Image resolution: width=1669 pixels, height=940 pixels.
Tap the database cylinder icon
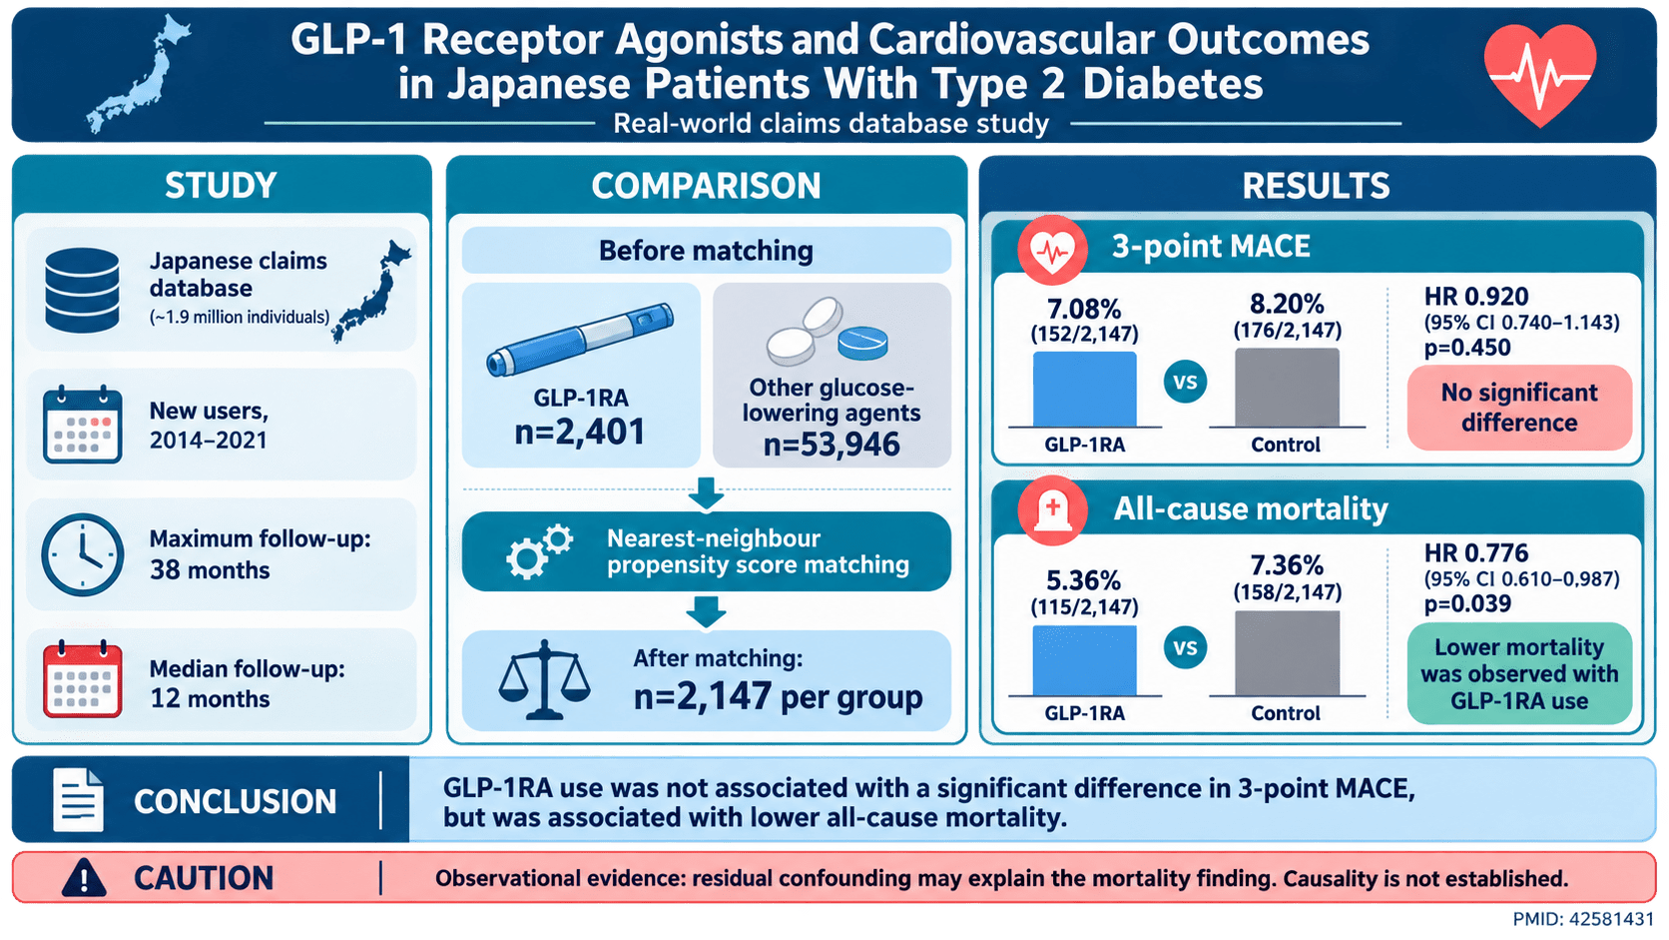[x=82, y=290]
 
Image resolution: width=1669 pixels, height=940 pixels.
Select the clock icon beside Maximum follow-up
[x=82, y=554]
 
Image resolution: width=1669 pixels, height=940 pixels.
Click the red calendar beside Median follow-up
[x=82, y=679]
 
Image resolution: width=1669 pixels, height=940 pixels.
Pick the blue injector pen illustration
[x=580, y=340]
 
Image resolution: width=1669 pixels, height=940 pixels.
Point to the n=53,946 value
[x=832, y=445]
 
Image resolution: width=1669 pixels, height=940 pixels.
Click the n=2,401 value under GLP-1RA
[x=580, y=432]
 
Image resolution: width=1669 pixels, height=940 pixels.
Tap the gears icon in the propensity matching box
[x=539, y=551]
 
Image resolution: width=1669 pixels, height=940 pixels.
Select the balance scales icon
[x=544, y=679]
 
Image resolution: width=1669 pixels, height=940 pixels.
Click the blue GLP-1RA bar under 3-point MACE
[x=1084, y=390]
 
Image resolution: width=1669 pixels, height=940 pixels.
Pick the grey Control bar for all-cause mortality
[x=1287, y=653]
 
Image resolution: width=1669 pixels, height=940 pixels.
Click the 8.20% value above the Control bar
[x=1287, y=304]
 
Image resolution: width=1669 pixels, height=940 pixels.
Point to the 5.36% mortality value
[x=1084, y=580]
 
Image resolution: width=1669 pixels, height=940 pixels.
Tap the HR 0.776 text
[x=1476, y=553]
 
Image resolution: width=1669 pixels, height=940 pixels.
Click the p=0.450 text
[x=1467, y=348]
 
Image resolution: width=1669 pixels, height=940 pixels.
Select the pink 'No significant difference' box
[x=1519, y=408]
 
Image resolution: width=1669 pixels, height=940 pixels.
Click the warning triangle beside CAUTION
[x=84, y=877]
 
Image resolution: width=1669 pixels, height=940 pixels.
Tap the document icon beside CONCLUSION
[x=78, y=800]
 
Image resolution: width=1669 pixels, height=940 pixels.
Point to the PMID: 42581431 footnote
[x=1582, y=919]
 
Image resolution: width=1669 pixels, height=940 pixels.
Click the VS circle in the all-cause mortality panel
[x=1185, y=647]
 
